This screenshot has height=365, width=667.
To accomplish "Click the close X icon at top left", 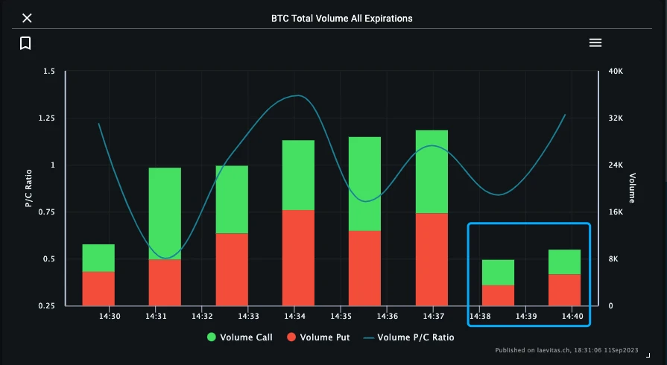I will tap(27, 18).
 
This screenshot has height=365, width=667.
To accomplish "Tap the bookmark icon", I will tap(25, 43).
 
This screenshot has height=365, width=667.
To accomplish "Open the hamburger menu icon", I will tap(595, 43).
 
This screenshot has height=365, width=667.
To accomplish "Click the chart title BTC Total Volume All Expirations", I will tap(341, 18).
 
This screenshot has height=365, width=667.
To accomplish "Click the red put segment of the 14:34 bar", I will tap(298, 258).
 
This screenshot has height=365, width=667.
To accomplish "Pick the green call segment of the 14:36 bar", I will tap(364, 183).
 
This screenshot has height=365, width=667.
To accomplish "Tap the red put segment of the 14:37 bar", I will tap(432, 259).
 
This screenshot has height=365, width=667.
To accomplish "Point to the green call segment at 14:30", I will tap(98, 258).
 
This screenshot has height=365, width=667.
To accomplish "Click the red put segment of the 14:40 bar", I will tap(564, 290).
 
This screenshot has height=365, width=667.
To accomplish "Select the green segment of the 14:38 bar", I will tap(498, 273).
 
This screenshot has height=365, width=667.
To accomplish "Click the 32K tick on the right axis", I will tap(616, 118).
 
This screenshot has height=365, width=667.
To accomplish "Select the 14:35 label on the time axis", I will tap(341, 316).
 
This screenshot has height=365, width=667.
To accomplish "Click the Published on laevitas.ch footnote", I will tap(575, 350).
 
